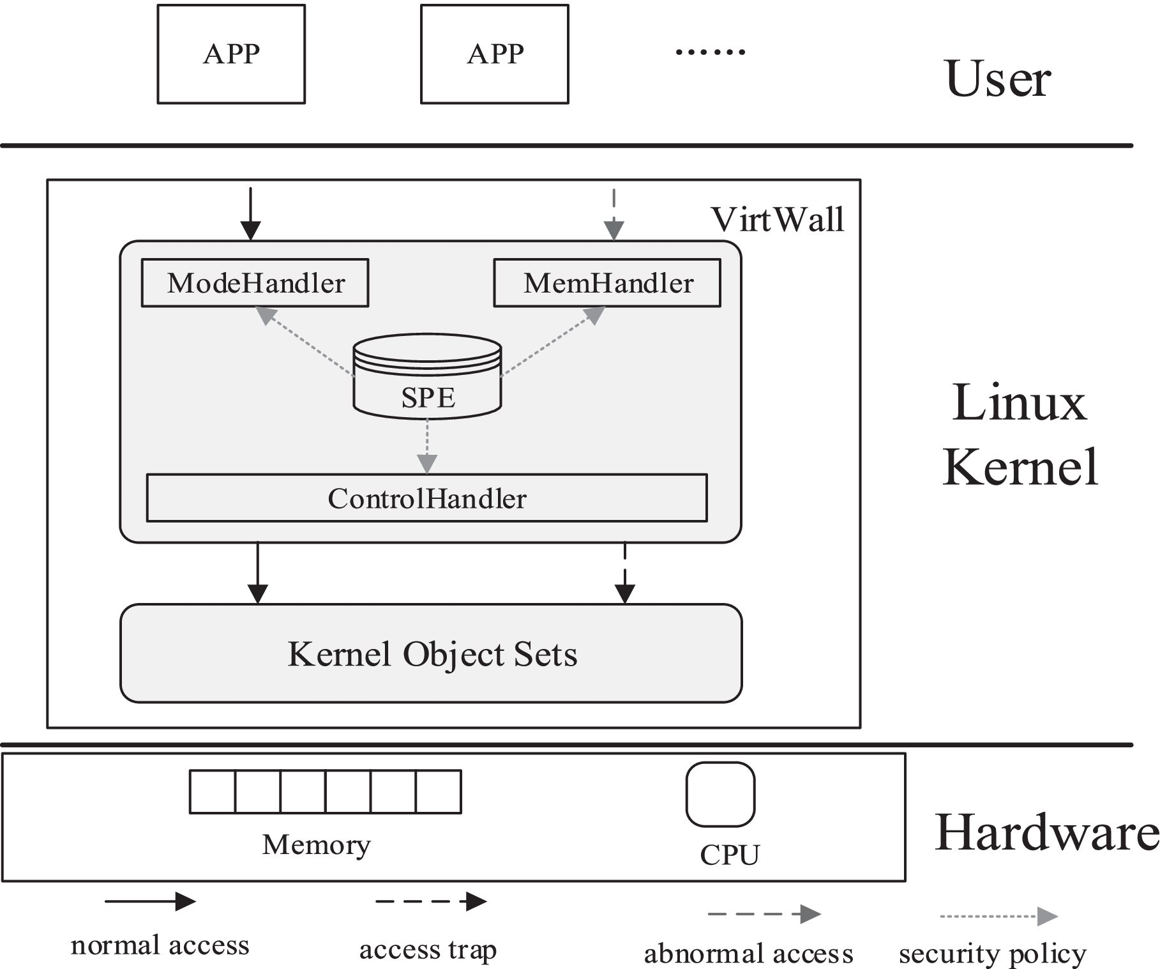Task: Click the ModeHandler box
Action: (x=255, y=283)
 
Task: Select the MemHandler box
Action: (x=607, y=283)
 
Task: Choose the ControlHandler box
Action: (x=426, y=498)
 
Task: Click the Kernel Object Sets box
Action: (x=431, y=653)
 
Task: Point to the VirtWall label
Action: (x=777, y=220)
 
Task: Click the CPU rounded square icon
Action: (x=720, y=794)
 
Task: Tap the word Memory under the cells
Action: (x=316, y=845)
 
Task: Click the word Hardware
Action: (x=1046, y=833)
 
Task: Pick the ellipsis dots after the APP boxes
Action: (x=710, y=52)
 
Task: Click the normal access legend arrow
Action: (x=150, y=901)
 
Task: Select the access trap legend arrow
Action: (x=431, y=901)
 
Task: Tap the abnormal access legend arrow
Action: (x=764, y=914)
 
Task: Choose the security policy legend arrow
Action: (x=999, y=916)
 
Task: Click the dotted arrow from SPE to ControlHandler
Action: (x=427, y=446)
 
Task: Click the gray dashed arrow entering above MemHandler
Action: (x=614, y=215)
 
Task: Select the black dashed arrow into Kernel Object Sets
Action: (x=624, y=573)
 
